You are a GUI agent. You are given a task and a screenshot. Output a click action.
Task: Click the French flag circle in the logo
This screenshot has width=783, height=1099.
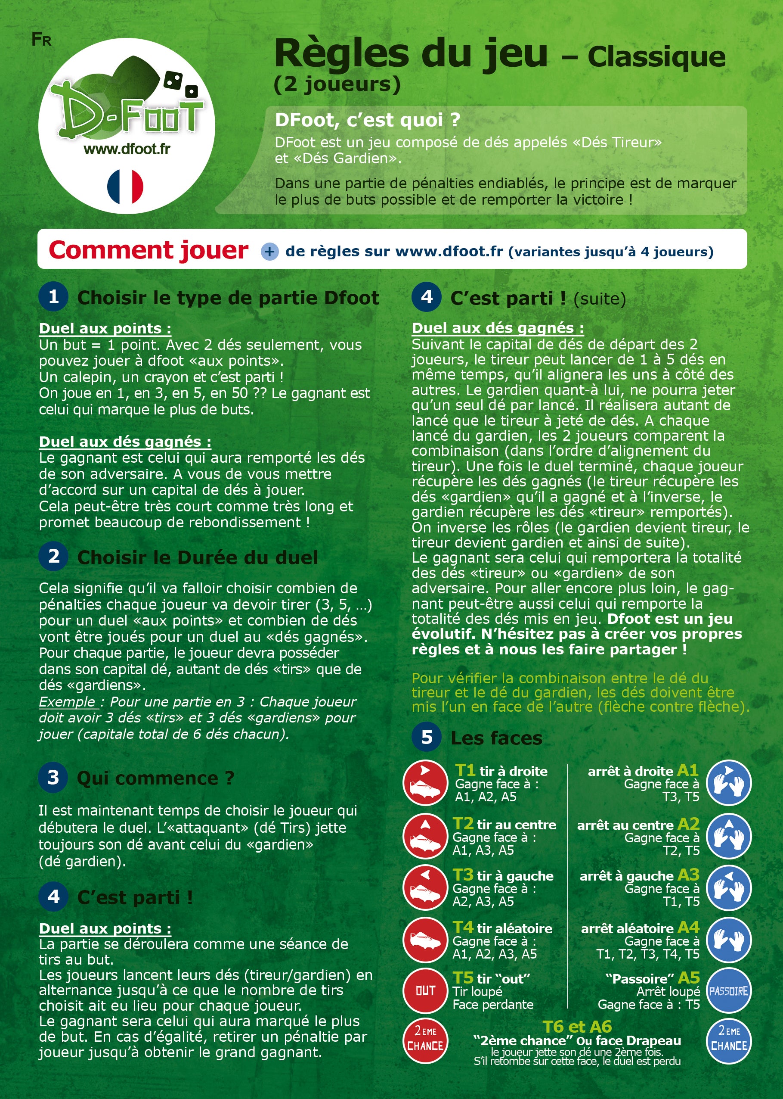125,186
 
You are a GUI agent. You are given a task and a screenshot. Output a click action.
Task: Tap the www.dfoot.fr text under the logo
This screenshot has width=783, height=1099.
127,149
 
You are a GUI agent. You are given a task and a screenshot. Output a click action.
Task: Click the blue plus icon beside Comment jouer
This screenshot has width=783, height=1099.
269,251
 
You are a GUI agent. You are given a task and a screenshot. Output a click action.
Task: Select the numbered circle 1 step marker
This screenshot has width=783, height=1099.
53,297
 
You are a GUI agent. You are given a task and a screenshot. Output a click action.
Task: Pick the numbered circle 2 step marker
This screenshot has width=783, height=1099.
53,556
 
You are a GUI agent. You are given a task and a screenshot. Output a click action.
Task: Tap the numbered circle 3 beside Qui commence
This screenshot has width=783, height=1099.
53,777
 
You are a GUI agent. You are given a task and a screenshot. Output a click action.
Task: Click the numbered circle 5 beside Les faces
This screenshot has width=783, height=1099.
427,737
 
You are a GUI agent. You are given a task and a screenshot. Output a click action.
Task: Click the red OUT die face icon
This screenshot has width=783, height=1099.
425,991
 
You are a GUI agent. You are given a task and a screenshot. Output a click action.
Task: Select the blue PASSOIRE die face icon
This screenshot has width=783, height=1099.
728,991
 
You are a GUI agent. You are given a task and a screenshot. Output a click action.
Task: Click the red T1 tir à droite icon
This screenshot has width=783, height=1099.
425,782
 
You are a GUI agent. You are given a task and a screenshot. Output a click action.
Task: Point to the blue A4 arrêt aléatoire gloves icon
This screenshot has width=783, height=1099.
728,940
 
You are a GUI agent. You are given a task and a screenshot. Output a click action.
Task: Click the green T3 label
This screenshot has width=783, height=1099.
463,875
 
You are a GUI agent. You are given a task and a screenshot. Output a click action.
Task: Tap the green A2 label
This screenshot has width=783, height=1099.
688,824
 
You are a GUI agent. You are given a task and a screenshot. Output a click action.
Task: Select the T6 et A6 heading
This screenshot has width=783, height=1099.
577,1027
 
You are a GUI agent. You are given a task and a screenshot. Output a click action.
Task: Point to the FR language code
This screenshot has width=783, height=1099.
41,40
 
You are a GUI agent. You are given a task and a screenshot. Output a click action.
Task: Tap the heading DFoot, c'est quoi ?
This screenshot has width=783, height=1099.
367,120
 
